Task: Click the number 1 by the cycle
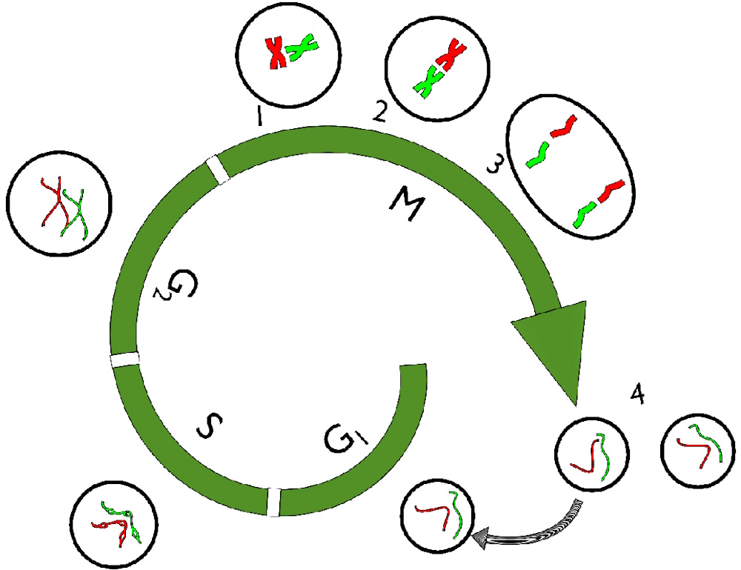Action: [258, 117]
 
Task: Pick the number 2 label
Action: [379, 111]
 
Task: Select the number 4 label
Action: [636, 394]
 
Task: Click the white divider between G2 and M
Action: [218, 169]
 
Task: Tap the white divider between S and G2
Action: [124, 360]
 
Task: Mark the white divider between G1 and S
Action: [273, 502]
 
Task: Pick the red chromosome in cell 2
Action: [451, 56]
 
